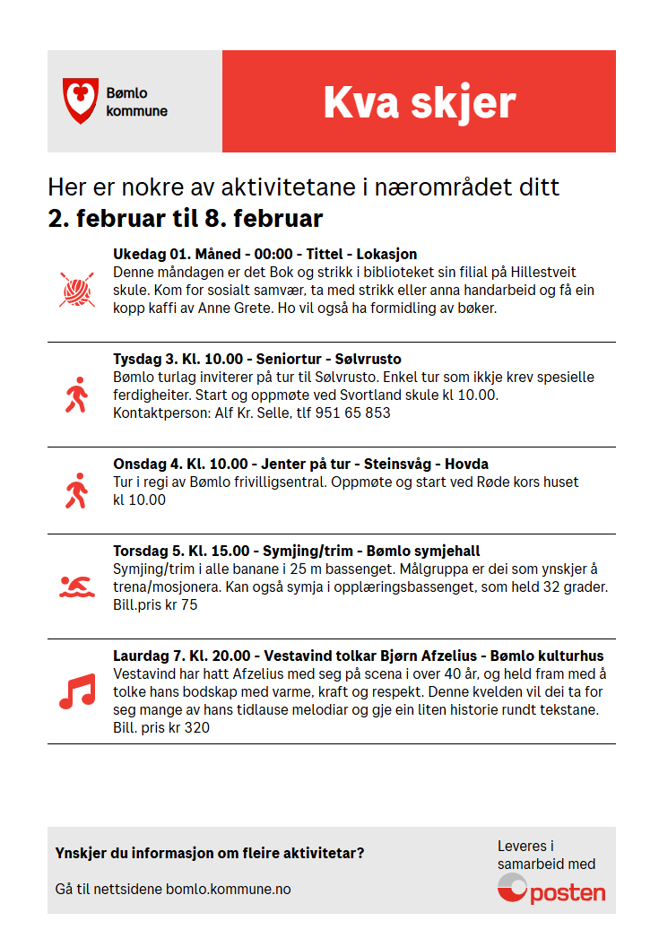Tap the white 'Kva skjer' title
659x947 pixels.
[x=419, y=102]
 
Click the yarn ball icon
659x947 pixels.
[x=76, y=290]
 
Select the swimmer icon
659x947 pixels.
[x=76, y=587]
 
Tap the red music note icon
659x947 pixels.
[x=76, y=691]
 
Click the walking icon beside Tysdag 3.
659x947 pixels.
[x=76, y=395]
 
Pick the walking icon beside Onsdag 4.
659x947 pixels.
[x=76, y=491]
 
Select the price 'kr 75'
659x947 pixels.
[x=178, y=605]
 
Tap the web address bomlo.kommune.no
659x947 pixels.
[x=229, y=890]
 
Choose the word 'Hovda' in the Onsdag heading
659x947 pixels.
[x=466, y=465]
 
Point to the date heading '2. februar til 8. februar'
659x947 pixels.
[x=186, y=219]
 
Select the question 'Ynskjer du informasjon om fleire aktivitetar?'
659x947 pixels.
[x=210, y=853]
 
